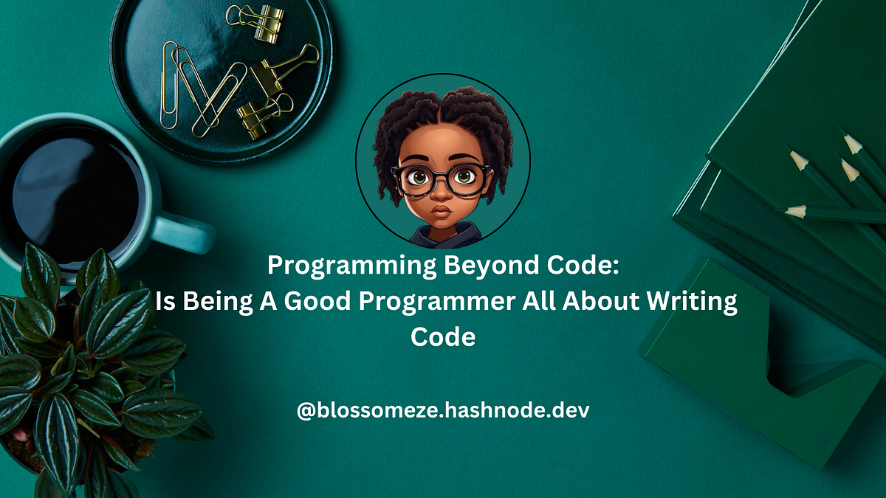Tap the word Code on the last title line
coord(443,337)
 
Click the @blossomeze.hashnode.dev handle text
coord(443,411)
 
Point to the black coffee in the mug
coord(74,192)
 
